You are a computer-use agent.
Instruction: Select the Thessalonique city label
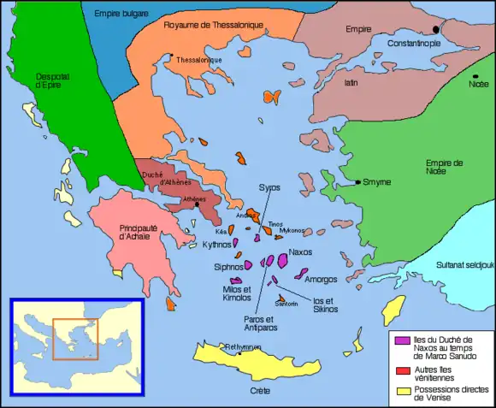[x=199, y=60]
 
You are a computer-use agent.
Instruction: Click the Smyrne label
[x=376, y=182]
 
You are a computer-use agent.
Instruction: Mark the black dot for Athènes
[x=197, y=204]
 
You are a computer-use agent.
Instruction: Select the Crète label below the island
[x=261, y=391]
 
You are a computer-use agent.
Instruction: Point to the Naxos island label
[x=301, y=252]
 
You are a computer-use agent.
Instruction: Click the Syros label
[x=269, y=186]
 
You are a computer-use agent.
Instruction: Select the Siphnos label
[x=228, y=267]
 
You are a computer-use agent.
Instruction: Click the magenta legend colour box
[x=400, y=340]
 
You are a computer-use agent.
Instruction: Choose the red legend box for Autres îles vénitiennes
[x=400, y=370]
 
